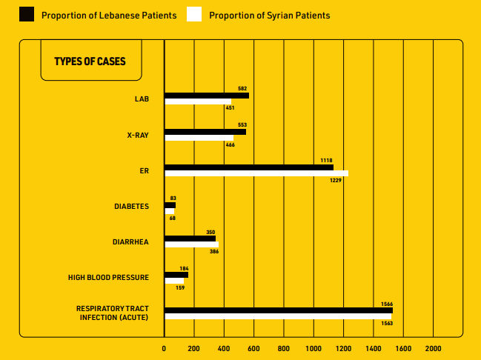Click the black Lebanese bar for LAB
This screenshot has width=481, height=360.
pos(207,96)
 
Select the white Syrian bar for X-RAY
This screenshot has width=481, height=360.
pos(199,138)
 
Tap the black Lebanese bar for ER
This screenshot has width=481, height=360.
pos(248,167)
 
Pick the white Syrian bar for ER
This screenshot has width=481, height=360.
pos(256,173)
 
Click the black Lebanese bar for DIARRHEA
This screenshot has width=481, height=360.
pos(190,239)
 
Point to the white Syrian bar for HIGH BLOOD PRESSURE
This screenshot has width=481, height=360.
pos(174,281)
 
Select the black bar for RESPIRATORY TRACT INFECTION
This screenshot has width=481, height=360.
pos(279,310)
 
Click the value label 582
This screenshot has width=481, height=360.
pos(242,89)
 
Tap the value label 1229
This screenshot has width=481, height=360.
pos(336,180)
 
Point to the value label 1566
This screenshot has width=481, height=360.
pos(387,304)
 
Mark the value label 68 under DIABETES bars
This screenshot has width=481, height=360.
pos(172,218)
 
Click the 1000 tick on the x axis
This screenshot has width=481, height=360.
pos(314,347)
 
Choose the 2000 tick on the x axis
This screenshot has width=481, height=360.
pos(433,347)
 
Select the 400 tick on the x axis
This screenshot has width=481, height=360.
pos(224,347)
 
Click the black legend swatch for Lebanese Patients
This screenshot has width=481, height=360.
pos(27,14)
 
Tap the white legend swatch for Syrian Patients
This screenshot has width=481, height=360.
pos(194,14)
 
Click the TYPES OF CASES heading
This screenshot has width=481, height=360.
pos(90,61)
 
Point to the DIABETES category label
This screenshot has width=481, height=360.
pos(131,207)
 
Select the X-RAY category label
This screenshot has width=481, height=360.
pos(139,135)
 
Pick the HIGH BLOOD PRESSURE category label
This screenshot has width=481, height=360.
pos(109,278)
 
